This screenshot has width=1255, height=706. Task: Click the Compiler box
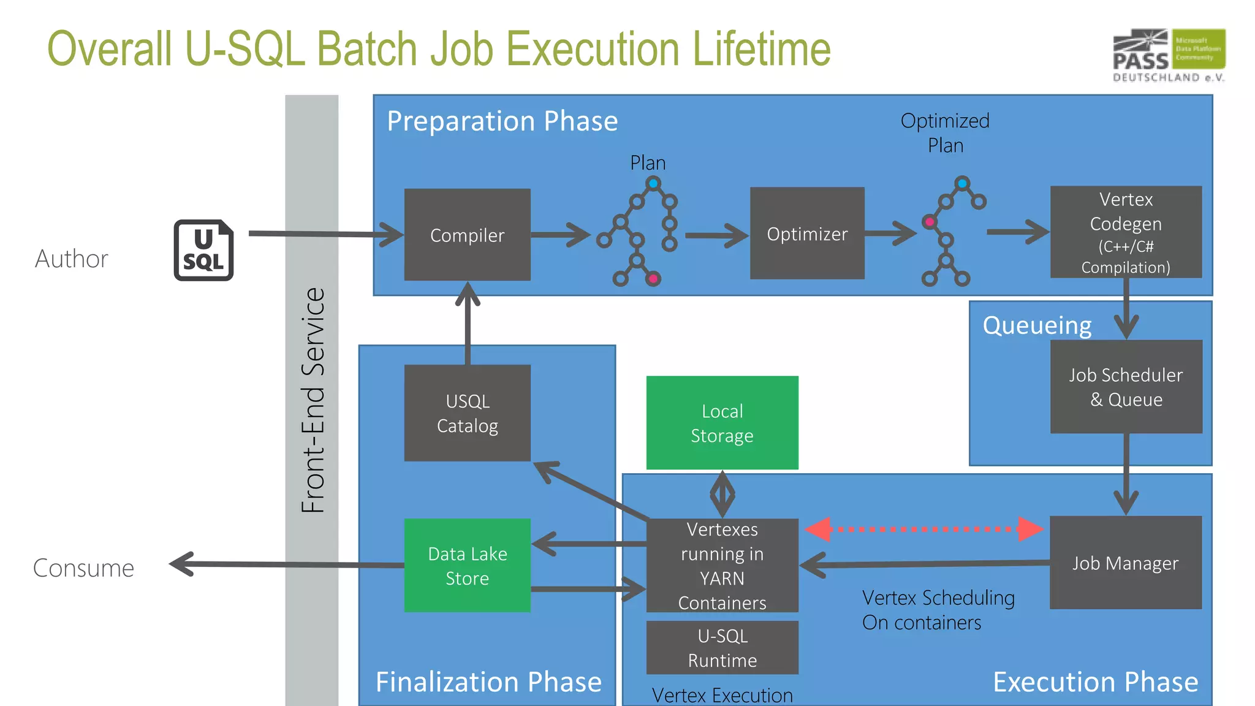pos(467,235)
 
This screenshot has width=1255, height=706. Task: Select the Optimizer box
pos(807,233)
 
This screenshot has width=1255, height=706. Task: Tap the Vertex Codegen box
pos(1126,232)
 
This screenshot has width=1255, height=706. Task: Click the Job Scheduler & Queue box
pos(1126,387)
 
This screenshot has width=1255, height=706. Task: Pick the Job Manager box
pos(1126,563)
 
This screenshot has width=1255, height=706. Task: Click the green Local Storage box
pos(722,423)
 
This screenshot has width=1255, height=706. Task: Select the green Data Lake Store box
pos(467,565)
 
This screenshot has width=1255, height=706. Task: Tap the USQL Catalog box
pos(467,413)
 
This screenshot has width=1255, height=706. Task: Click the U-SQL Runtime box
pos(722,648)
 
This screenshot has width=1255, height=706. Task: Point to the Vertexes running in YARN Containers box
pos(722,565)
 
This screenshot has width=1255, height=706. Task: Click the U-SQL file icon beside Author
pos(203,250)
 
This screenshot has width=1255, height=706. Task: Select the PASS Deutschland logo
pos(1169,55)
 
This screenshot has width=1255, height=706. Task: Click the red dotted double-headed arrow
pos(924,529)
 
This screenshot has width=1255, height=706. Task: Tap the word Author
pos(72,259)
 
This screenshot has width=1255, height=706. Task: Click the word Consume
pos(83,568)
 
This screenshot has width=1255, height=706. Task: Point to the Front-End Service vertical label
pos(313,400)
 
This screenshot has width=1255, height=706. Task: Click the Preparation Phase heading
pos(502,121)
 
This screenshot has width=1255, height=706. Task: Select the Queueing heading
pos(1037,325)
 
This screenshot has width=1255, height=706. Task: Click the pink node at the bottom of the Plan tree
pos(653,279)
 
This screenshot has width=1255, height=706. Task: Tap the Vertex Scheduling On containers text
pos(938,610)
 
